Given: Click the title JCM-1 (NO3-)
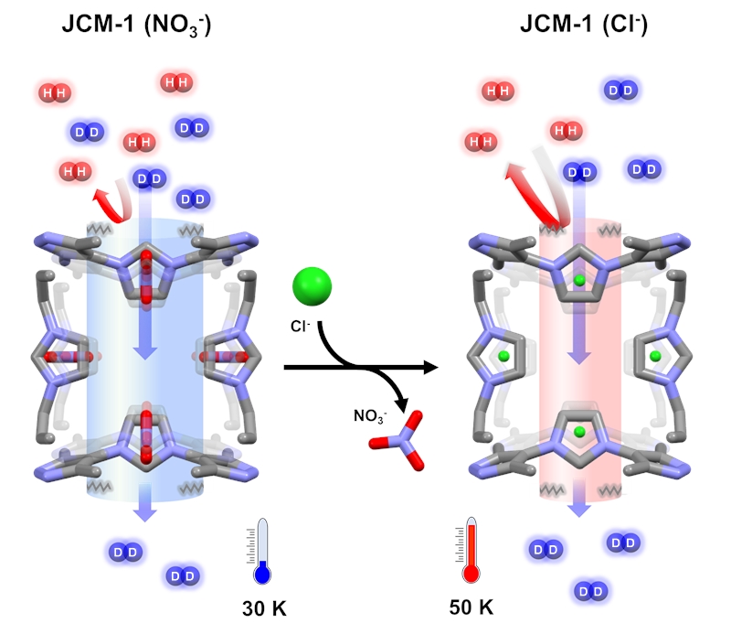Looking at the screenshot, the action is (136, 25).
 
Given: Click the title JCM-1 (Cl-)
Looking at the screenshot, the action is (584, 24).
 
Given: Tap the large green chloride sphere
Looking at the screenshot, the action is (312, 286).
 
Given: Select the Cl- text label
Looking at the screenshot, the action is (301, 326).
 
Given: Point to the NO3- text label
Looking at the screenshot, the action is (370, 415).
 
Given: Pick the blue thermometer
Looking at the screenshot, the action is (262, 551).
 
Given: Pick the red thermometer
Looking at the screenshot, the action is (471, 550).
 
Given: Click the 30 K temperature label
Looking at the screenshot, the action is (264, 608).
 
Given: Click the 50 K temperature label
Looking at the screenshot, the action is (471, 607).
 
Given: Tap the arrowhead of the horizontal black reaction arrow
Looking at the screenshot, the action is (430, 367).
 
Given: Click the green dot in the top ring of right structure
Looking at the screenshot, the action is (579, 280).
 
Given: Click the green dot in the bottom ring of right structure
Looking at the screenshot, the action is (579, 432).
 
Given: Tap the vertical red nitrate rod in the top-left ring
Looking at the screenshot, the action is (146, 276).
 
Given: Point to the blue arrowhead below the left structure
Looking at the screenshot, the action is (145, 513).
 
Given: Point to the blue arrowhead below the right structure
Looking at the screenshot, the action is (579, 509).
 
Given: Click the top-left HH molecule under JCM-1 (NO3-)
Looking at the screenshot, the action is (55, 92).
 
